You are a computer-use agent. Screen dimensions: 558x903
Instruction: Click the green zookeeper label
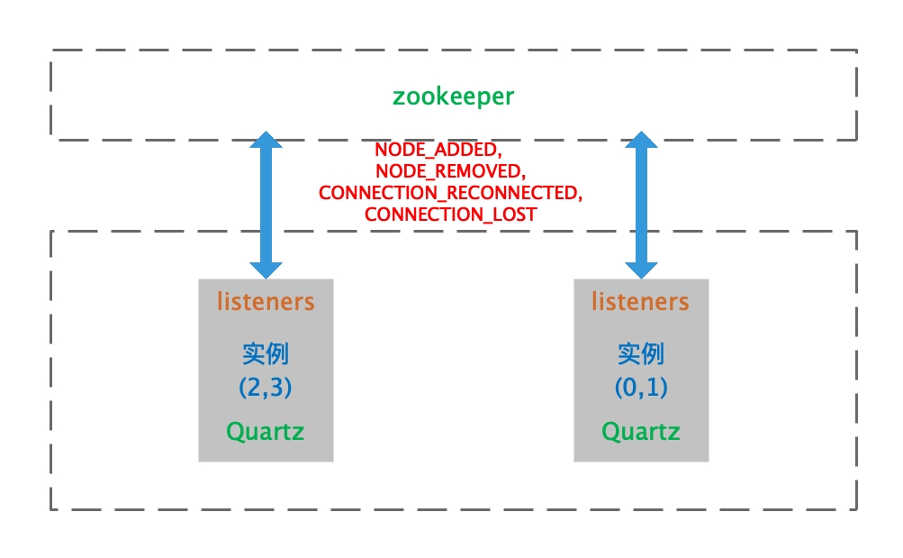click(453, 96)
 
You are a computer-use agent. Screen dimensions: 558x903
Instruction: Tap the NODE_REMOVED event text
click(448, 171)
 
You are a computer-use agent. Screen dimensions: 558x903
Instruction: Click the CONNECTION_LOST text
click(450, 215)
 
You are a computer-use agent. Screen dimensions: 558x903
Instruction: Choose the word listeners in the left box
click(266, 301)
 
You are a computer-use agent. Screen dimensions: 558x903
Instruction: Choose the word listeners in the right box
click(640, 301)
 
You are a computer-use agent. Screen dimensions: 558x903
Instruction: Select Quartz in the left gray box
click(266, 432)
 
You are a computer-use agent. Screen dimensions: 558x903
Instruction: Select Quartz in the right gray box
click(640, 432)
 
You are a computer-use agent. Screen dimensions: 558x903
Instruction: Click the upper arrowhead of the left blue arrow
click(266, 141)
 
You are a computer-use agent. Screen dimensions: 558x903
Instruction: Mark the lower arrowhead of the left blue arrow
click(266, 268)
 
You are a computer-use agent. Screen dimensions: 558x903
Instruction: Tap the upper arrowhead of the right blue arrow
click(641, 141)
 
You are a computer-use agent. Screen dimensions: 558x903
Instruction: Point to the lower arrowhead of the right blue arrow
click(641, 268)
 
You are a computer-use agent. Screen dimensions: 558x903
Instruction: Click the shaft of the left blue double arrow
click(266, 205)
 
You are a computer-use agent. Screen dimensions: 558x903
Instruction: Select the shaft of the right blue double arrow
click(641, 205)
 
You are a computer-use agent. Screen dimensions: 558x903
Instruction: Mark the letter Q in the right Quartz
click(610, 432)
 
